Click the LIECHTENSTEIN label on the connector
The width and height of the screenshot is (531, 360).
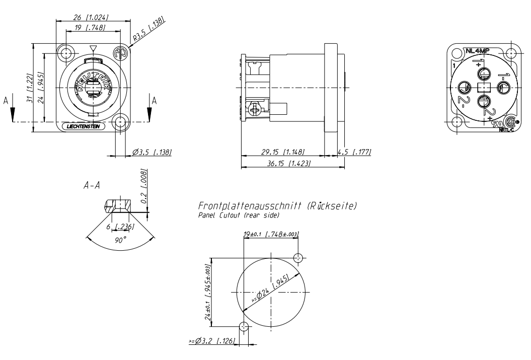tap(84, 127)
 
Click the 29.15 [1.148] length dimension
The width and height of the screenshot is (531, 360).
tap(283, 152)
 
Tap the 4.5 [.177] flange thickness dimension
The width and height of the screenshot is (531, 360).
tap(355, 152)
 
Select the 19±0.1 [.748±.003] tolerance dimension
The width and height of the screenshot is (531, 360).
tap(271, 234)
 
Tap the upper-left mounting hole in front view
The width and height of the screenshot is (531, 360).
tap(65, 53)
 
